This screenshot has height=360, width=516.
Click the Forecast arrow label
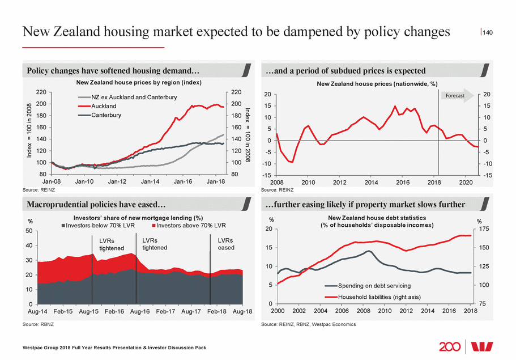click(x=455, y=96)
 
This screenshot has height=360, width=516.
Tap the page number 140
click(x=488, y=33)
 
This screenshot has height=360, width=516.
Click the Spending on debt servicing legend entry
click(x=374, y=285)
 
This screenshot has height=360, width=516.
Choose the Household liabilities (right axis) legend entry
click(x=380, y=297)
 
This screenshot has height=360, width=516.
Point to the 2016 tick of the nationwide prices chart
click(x=402, y=183)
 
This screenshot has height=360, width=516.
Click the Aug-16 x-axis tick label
click(x=140, y=312)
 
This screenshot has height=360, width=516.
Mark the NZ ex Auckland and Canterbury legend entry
click(x=134, y=97)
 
